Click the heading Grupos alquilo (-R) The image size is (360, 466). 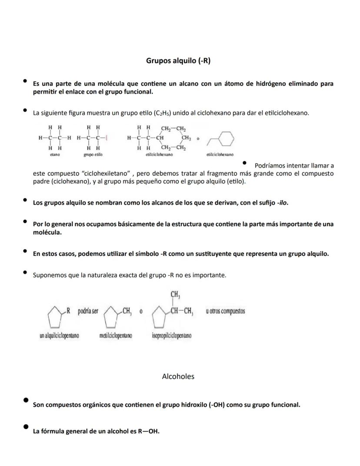(x=178, y=61)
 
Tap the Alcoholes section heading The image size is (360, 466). (x=178, y=376)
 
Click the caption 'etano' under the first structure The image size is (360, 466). (x=55, y=154)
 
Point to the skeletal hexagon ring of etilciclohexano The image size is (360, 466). (x=226, y=139)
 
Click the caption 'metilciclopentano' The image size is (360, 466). (x=116, y=335)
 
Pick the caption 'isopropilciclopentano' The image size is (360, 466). (x=172, y=335)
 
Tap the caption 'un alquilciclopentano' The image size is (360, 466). (x=59, y=335)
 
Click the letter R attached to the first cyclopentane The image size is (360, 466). (x=68, y=311)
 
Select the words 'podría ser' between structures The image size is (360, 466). (x=88, y=311)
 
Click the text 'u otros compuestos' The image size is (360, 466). (x=226, y=311)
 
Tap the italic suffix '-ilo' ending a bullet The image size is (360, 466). (x=282, y=203)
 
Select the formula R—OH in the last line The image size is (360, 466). (x=148, y=432)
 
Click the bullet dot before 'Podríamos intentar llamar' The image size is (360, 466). (x=245, y=163)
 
